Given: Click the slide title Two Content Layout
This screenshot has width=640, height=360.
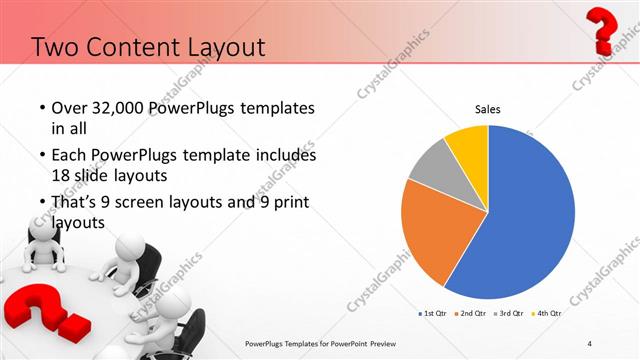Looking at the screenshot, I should [148, 46].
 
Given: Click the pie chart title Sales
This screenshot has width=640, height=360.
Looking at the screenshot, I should [487, 109].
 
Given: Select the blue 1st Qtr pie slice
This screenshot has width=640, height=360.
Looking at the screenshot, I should [530, 210].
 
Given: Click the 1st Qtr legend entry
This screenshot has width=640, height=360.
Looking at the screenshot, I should [432, 314].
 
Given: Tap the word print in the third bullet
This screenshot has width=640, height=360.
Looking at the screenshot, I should [284, 202].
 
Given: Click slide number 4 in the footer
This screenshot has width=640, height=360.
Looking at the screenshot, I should [590, 344].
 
